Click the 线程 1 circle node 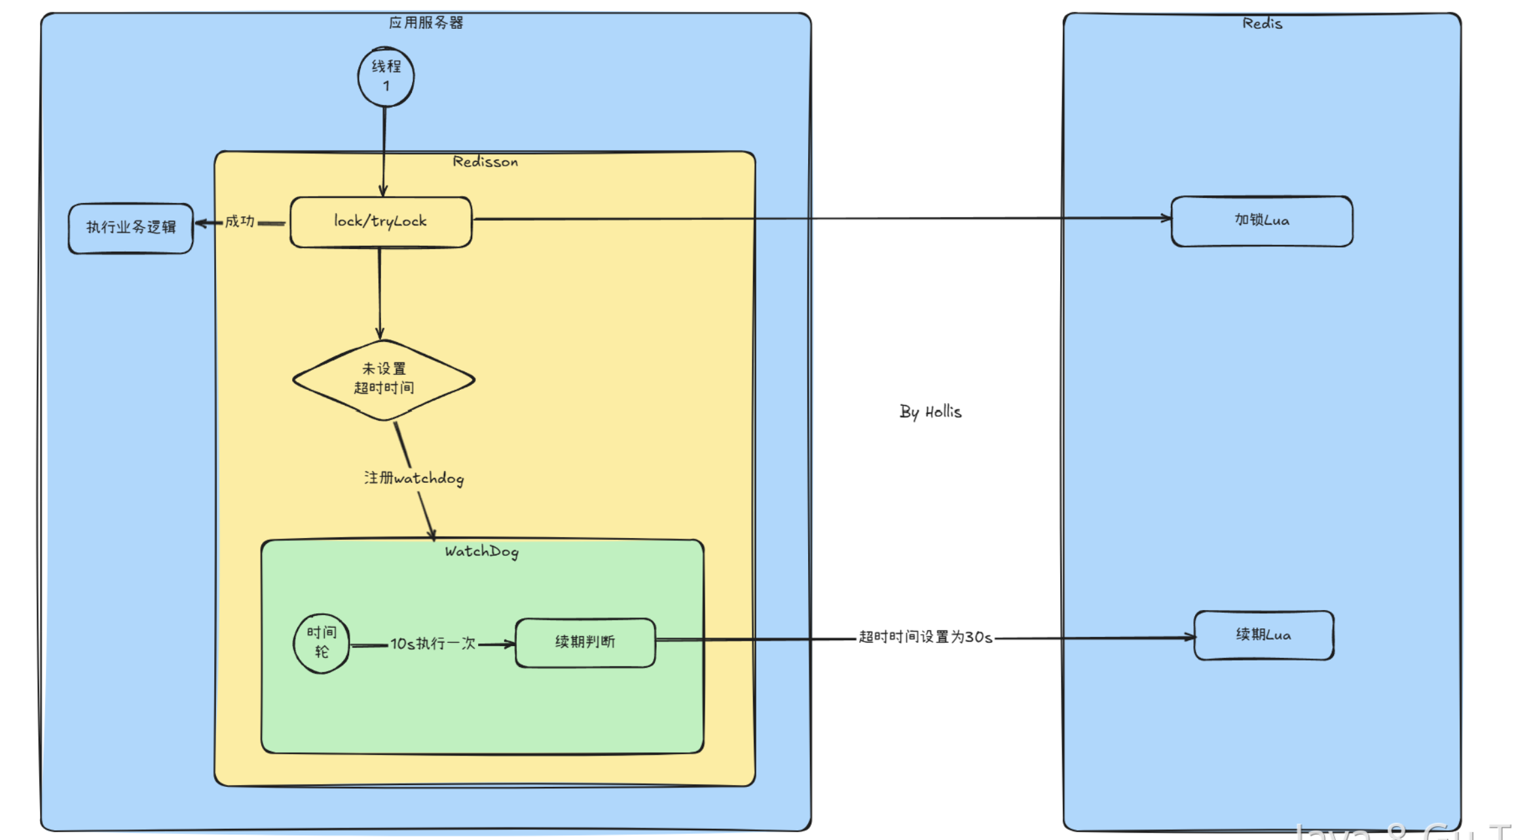386,77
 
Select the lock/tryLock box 380,222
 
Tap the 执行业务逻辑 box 131,228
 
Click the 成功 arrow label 240,221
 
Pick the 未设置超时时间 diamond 384,379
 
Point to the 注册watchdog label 414,478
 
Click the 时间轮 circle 322,643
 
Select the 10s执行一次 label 433,643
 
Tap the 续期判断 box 585,642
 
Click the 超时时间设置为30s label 925,637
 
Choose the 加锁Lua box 1262,221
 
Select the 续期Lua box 1264,635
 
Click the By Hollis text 931,412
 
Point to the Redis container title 1263,24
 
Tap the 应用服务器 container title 426,23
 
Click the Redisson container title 485,162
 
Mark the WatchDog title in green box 482,552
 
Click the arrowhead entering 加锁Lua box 1166,218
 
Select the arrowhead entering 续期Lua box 1189,637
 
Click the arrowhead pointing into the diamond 380,334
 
